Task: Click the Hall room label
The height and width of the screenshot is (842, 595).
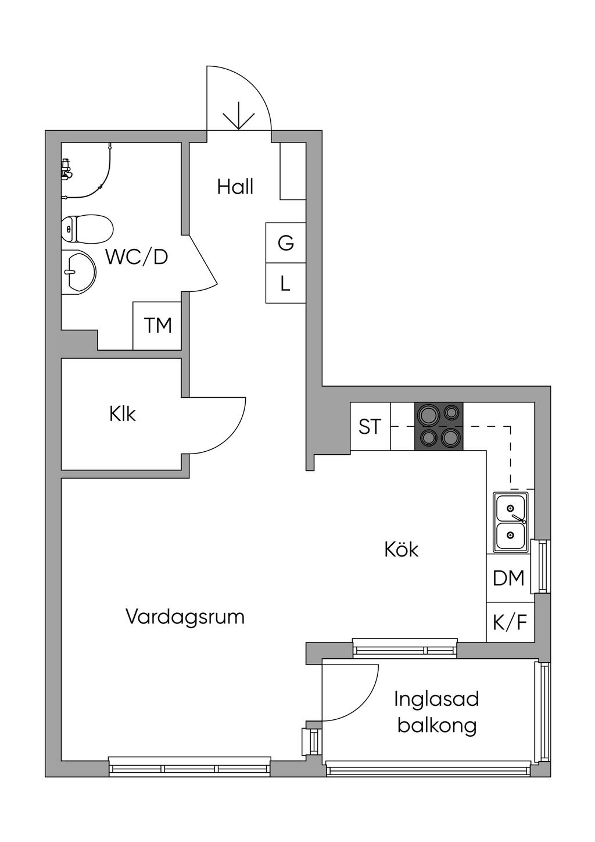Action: (235, 187)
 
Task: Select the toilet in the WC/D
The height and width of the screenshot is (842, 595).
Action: (87, 229)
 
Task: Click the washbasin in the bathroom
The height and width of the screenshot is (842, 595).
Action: (80, 272)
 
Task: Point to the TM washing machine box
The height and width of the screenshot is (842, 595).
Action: (157, 326)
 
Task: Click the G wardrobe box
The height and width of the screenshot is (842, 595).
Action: (285, 243)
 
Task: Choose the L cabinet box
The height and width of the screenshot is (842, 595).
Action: (285, 284)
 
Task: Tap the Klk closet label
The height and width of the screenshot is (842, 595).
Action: (122, 414)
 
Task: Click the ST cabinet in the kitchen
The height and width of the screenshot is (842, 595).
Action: (370, 426)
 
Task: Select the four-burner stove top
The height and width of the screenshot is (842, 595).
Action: (439, 426)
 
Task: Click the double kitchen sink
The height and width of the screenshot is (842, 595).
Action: (510, 522)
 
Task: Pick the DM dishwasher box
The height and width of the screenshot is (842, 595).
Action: (509, 578)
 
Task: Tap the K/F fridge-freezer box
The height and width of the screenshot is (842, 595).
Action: (510, 623)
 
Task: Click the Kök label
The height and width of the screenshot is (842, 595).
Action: (402, 549)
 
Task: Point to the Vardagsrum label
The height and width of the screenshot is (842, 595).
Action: (185, 616)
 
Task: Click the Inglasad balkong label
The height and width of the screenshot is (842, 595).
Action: (436, 712)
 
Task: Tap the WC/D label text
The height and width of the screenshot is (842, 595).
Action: (137, 256)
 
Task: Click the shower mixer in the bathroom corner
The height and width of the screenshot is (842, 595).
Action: (66, 169)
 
